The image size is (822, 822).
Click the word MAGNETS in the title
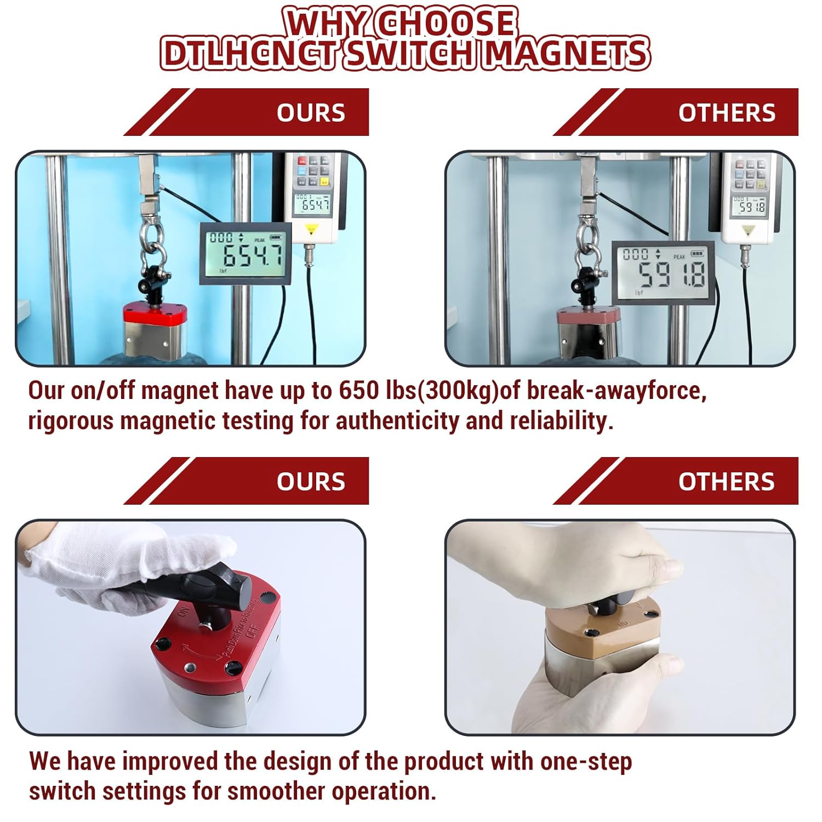[x=567, y=54]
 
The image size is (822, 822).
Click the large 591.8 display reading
[x=672, y=274]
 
